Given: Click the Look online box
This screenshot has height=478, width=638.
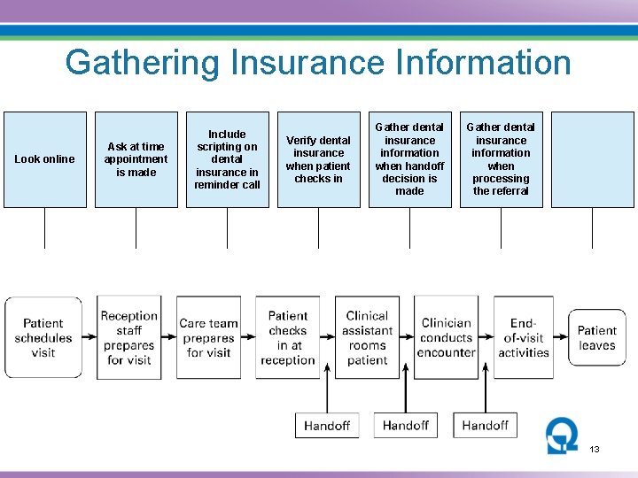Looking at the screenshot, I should (45, 159).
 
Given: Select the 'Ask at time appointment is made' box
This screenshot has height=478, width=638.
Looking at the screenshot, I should (136, 159).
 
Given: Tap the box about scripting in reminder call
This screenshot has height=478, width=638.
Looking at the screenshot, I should (227, 159).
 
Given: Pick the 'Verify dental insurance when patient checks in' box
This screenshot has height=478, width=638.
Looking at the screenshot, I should (318, 159).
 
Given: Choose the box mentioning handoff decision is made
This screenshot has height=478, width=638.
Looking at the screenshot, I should (409, 159).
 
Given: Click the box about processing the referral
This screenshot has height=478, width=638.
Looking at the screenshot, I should (501, 159).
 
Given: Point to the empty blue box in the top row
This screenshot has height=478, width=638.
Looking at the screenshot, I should (592, 159).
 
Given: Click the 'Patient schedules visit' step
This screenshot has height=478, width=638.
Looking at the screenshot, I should (43, 338).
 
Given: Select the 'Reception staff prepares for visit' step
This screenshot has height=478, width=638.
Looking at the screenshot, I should (129, 338).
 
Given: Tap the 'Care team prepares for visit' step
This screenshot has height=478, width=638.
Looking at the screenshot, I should (208, 338).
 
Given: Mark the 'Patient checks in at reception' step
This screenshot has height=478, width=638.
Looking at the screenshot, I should (288, 338).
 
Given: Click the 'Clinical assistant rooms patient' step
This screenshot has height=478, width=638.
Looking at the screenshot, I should (367, 338).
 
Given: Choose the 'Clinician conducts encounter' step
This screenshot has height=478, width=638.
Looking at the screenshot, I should (446, 338).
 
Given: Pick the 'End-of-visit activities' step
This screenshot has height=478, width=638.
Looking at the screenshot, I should (524, 338).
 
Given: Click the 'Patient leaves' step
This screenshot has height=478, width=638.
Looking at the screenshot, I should (596, 338).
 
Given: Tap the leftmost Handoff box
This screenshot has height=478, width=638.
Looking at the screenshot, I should (327, 426).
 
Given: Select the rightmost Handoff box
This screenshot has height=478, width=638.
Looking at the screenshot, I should (485, 426).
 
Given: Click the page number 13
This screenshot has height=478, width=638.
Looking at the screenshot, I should (595, 450).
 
